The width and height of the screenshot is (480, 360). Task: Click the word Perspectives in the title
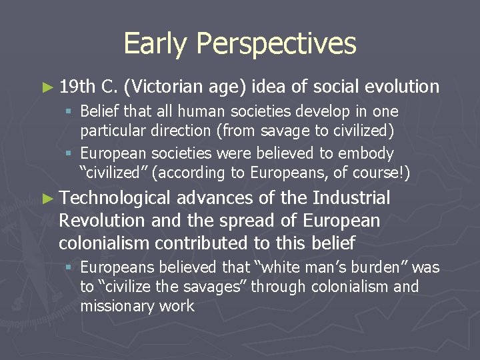pos(276,44)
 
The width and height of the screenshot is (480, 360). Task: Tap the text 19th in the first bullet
pos(77,86)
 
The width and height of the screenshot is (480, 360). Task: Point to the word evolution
pos(403,86)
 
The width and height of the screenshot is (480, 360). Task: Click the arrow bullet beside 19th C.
pos(47,87)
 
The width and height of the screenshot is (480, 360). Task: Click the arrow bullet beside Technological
pos(47,198)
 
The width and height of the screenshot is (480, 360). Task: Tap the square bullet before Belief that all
pos(69,111)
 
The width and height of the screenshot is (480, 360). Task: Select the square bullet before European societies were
pos(69,154)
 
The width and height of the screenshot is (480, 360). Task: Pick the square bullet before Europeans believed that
pos(69,268)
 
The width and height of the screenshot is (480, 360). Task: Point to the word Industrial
pos(351,197)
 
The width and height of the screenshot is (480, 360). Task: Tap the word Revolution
pos(100,220)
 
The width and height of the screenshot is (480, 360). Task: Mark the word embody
pos(369,153)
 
